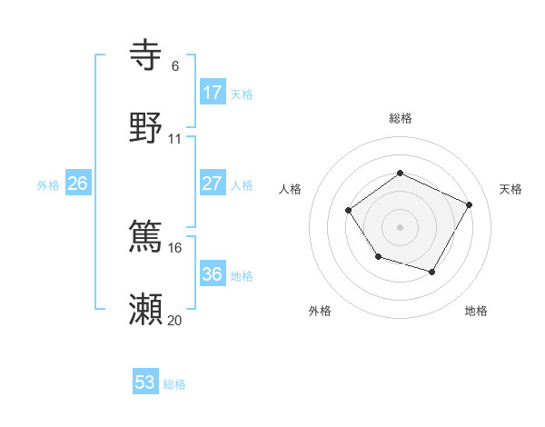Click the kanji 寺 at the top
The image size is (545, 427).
point(146,56)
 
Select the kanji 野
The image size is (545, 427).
point(146,129)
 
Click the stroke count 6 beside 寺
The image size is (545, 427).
point(174,66)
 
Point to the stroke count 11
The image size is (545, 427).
point(174,139)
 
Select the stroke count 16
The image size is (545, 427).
point(174,247)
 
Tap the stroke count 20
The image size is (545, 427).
point(174,320)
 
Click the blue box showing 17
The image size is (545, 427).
point(212,93)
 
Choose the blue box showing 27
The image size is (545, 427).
point(212,184)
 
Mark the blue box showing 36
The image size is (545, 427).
point(212,274)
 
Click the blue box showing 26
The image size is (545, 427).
point(77,184)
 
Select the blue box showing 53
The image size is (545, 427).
point(145,382)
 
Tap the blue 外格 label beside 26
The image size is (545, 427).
point(48,185)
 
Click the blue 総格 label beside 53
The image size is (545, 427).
point(174,384)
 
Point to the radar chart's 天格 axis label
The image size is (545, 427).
point(510,189)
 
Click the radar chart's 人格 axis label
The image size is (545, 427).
point(290,189)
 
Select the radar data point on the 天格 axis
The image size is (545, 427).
point(470,204)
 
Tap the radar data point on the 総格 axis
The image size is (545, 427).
point(400,173)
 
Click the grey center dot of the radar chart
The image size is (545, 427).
point(400,226)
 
